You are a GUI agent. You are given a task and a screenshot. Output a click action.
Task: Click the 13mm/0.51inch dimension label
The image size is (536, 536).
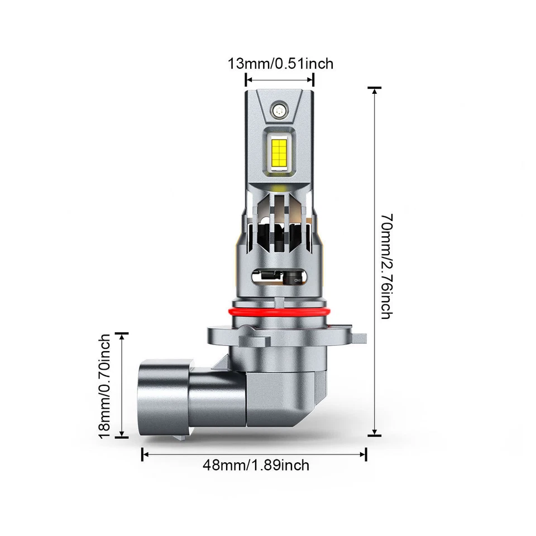click(x=280, y=63)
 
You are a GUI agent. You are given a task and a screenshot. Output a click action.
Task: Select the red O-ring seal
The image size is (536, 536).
click(x=278, y=312)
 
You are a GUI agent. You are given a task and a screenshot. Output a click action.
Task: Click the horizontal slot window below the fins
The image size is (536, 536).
click(x=277, y=275)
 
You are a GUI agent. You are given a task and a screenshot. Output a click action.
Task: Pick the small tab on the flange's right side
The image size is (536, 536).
click(x=360, y=337)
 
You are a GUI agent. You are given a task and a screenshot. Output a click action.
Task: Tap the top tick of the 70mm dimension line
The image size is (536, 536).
click(x=374, y=88)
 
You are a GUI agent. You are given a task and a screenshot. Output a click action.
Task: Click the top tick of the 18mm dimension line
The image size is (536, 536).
click(x=121, y=333)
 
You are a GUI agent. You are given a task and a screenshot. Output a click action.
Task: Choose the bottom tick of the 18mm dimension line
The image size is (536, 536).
click(x=121, y=437)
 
